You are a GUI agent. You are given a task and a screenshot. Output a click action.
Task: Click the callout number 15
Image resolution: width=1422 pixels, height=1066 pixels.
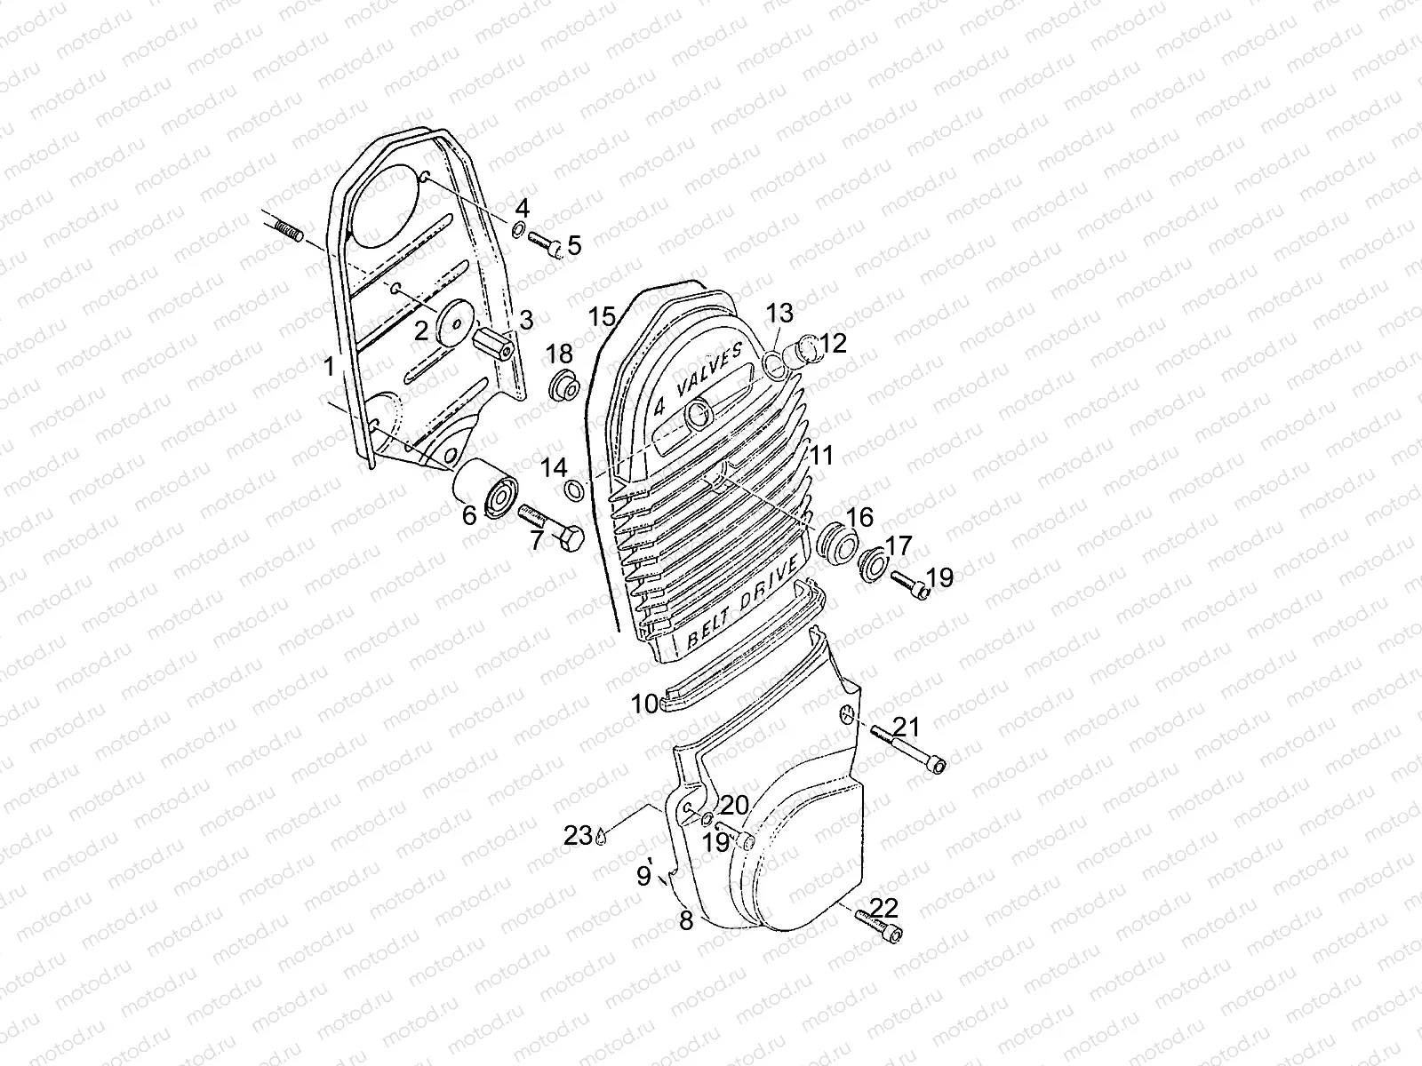tap(602, 316)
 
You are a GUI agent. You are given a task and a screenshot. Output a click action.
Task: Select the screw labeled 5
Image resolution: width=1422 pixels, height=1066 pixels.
tap(544, 242)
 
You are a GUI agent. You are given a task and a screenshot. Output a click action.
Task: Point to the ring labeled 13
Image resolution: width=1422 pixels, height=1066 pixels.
tap(774, 363)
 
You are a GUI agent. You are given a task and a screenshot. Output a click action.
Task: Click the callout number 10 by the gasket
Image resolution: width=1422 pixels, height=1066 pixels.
tap(644, 704)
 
